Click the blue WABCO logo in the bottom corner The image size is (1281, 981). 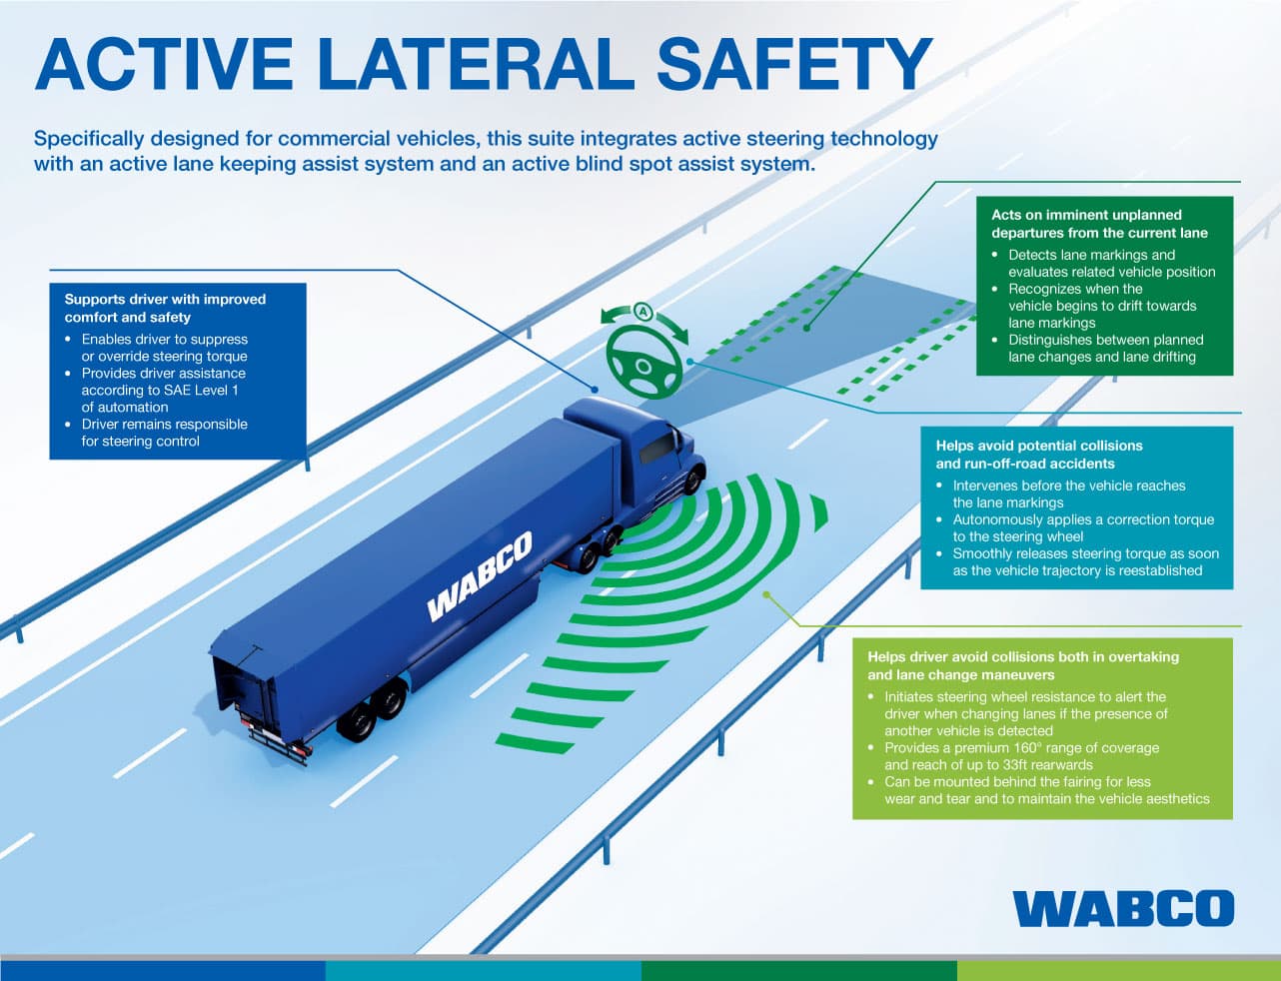tap(1123, 908)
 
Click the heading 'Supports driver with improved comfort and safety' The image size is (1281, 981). tap(165, 308)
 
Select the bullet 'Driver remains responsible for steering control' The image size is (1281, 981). tap(164, 433)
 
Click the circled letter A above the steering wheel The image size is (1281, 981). tap(642, 312)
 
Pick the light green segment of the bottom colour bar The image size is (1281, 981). tap(1118, 971)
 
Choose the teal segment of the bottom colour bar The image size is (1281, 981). tap(483, 971)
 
